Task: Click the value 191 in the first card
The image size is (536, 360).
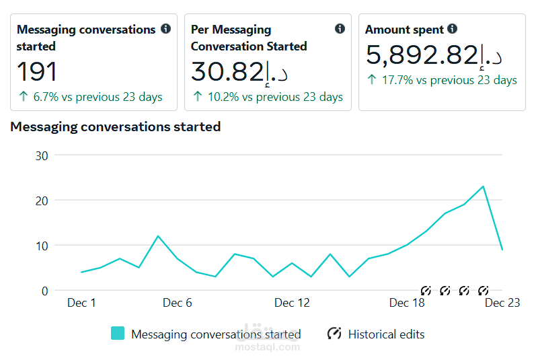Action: tap(36, 71)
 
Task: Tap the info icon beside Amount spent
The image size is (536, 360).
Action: tap(452, 29)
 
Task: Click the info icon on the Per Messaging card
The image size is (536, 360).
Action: tap(340, 29)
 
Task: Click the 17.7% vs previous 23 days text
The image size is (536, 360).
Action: tap(449, 80)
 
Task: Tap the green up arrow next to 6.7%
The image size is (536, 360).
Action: tap(24, 96)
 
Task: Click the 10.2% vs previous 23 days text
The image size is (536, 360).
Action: tap(275, 97)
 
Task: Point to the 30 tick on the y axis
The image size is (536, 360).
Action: tap(42, 156)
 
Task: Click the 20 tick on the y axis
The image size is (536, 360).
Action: tap(42, 201)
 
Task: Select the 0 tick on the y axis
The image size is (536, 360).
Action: tap(45, 291)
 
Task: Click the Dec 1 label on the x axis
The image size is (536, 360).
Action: tap(81, 303)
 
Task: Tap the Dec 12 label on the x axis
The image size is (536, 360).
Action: tap(292, 303)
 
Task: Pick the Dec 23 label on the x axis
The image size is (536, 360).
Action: tap(502, 303)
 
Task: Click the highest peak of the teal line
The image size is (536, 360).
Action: tap(483, 186)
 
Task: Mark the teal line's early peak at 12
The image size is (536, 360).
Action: tap(158, 236)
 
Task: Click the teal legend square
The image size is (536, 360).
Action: tap(118, 333)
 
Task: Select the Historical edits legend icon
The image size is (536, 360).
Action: tap(334, 333)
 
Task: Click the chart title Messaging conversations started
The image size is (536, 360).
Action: tap(116, 127)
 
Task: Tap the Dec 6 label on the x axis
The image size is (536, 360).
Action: tap(177, 303)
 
